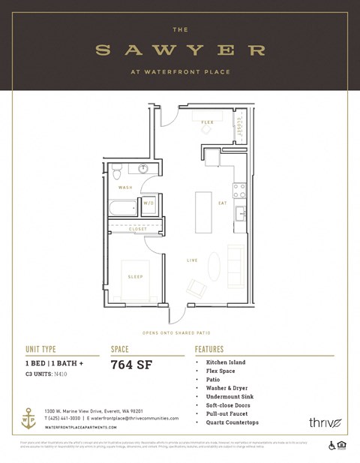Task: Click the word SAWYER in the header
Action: (x=181, y=50)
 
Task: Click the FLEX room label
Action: (x=207, y=122)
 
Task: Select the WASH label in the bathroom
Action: (x=125, y=187)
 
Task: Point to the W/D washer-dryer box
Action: (x=149, y=203)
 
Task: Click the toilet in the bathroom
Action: (x=118, y=173)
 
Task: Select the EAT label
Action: (x=223, y=203)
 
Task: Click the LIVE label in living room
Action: (x=193, y=260)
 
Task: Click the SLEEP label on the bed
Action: (x=135, y=276)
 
